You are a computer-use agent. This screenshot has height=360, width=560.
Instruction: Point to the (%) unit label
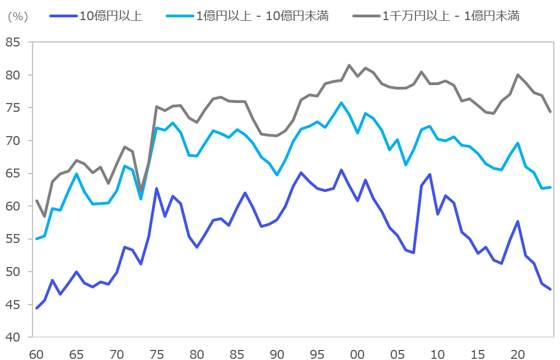(18, 16)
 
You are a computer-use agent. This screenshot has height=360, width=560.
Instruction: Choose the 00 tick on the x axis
(357, 354)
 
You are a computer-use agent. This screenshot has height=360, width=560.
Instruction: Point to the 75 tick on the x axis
(157, 354)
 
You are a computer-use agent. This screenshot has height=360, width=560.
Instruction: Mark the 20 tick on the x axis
(517, 354)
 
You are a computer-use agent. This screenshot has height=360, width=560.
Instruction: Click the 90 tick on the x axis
(277, 354)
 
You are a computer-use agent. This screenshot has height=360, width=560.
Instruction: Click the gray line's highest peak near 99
(349, 66)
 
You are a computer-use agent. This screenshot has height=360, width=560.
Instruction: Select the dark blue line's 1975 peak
(157, 189)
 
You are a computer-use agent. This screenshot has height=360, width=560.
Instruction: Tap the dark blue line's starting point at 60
(37, 308)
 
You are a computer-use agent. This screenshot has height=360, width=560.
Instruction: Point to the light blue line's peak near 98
(341, 103)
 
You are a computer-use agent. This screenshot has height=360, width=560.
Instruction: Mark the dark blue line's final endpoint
(550, 289)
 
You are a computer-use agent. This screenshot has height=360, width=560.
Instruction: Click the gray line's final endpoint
(550, 111)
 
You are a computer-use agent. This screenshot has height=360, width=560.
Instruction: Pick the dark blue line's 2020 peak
(517, 222)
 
